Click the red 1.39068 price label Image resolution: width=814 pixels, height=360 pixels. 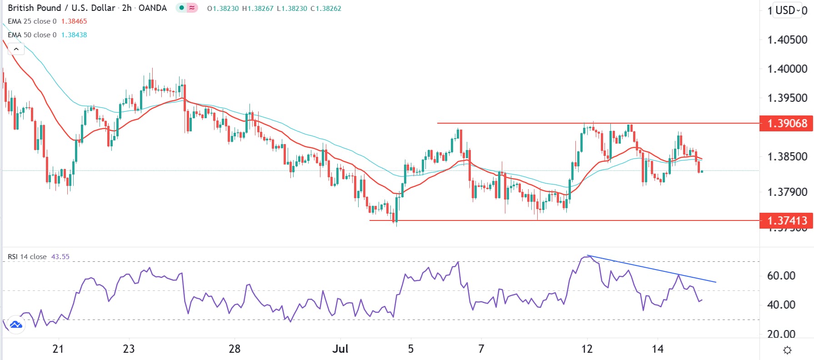click(x=787, y=123)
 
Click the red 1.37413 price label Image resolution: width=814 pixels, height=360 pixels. click(x=787, y=221)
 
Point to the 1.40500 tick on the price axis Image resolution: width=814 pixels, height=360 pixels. click(x=787, y=40)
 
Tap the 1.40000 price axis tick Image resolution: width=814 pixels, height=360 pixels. click(x=787, y=69)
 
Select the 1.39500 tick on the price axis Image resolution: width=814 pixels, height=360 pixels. click(x=787, y=98)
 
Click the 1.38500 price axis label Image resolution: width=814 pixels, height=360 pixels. click(x=787, y=157)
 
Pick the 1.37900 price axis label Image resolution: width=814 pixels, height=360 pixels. click(x=787, y=192)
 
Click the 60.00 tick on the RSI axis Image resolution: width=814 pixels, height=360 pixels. click(x=781, y=276)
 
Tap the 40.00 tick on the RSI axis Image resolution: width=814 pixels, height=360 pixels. click(x=781, y=305)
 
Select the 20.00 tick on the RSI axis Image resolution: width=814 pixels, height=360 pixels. click(x=781, y=334)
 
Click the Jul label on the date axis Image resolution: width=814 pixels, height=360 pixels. click(x=340, y=349)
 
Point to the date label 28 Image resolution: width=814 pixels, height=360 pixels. click(x=235, y=349)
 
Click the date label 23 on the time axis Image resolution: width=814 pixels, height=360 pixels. click(x=129, y=349)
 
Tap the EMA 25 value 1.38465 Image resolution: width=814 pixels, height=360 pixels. click(x=74, y=21)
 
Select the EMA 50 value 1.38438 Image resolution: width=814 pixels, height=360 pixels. click(x=74, y=35)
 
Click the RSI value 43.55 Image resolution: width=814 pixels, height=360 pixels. click(x=60, y=257)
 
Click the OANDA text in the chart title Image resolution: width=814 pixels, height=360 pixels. click(x=152, y=8)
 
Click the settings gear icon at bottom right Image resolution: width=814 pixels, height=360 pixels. click(x=787, y=350)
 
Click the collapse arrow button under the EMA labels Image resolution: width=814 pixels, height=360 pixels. click(x=16, y=49)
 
